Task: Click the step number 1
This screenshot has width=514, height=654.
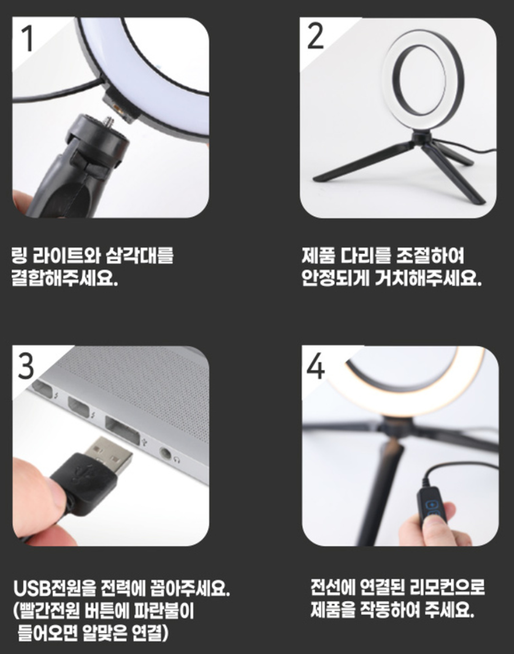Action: (28, 38)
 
